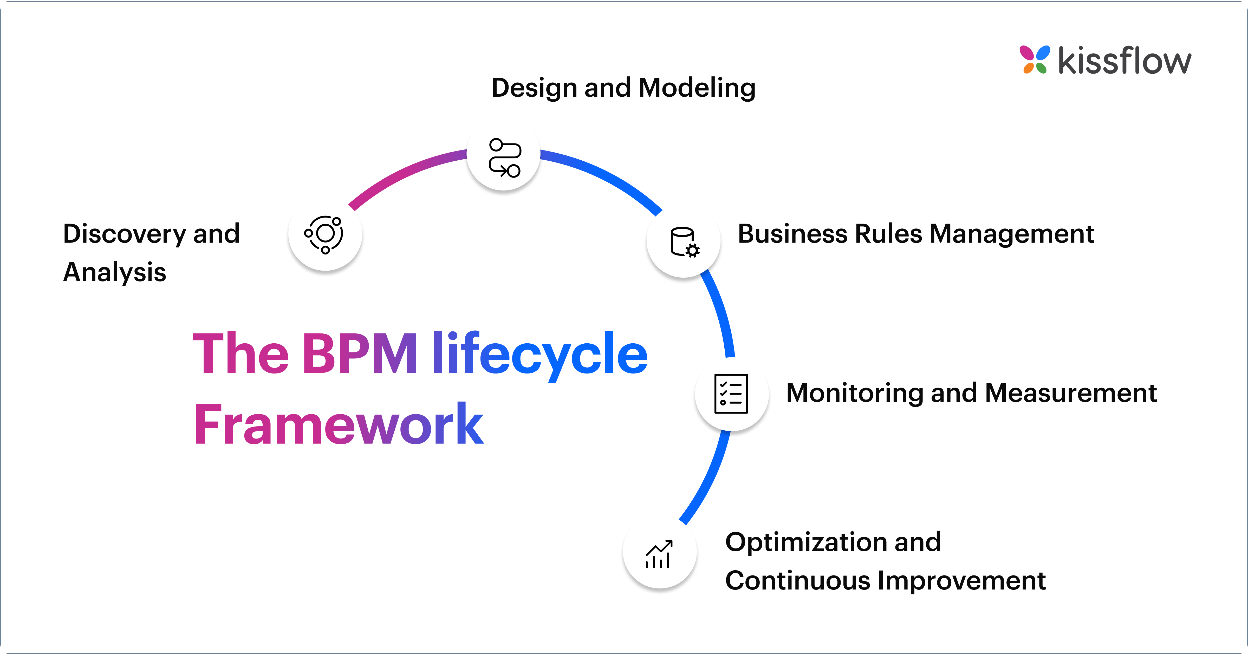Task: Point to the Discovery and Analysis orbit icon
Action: click(324, 234)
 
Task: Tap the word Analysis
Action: click(115, 272)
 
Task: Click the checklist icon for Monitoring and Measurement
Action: click(731, 393)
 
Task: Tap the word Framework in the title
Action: click(338, 424)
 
